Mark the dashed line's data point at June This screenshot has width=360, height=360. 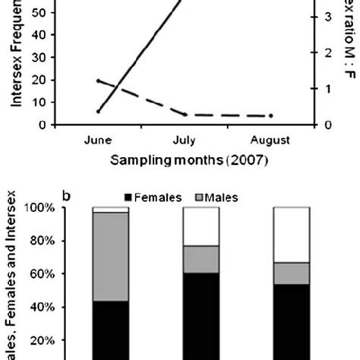99,81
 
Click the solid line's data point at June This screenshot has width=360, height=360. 99,111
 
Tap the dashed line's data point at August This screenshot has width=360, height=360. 271,115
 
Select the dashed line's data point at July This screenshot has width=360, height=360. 185,115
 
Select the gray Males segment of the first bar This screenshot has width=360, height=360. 110,257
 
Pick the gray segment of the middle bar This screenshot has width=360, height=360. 201,259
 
